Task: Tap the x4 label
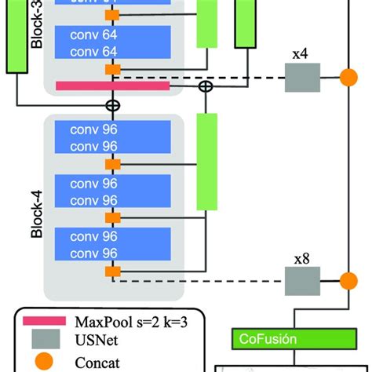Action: [x=301, y=55]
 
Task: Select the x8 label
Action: [x=301, y=258]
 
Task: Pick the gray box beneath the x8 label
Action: [x=301, y=280]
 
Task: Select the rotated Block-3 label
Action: [x=35, y=31]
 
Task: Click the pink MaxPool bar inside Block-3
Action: [x=112, y=86]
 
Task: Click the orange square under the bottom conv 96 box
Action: [x=113, y=271]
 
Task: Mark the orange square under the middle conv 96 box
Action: [x=113, y=217]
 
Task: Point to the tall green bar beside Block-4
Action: [x=206, y=161]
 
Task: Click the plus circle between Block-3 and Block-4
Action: [x=113, y=104]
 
